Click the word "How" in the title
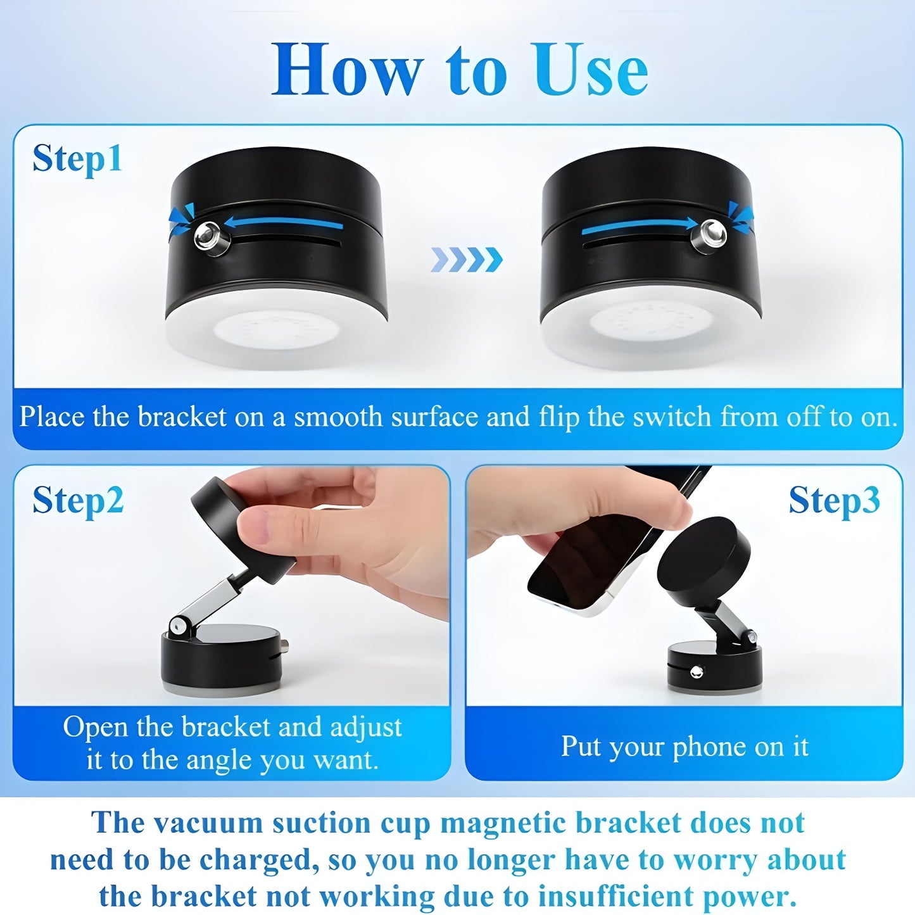(346, 70)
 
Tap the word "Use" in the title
(589, 70)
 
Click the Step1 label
(77, 158)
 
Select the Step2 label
(78, 500)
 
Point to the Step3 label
(834, 500)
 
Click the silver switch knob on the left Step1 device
(208, 236)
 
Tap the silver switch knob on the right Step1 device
(712, 234)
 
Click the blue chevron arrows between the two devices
(467, 260)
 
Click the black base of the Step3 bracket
(714, 668)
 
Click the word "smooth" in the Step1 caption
(338, 417)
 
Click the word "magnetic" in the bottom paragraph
(503, 823)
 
